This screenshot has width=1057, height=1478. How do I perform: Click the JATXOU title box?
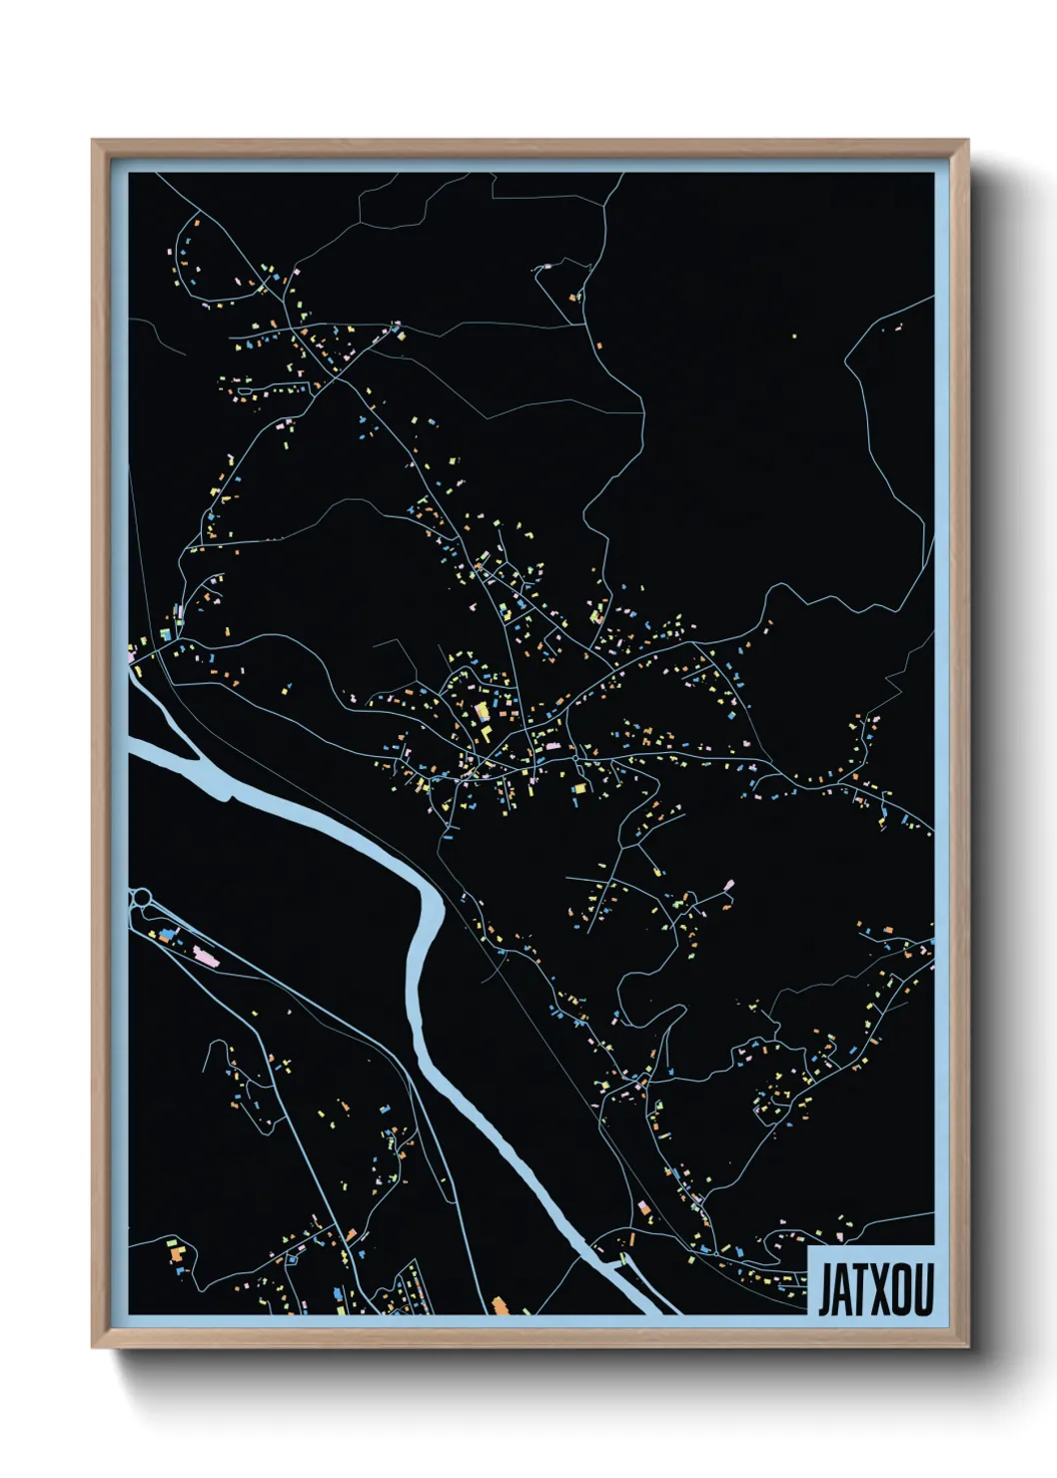(x=870, y=1281)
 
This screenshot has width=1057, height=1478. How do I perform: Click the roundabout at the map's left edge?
(x=141, y=896)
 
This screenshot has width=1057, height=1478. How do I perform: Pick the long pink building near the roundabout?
(x=206, y=956)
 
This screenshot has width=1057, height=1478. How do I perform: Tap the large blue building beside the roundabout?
(x=167, y=936)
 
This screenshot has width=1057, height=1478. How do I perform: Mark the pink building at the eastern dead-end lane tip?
(x=728, y=885)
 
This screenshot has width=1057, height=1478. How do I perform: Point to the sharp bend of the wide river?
(x=431, y=899)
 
